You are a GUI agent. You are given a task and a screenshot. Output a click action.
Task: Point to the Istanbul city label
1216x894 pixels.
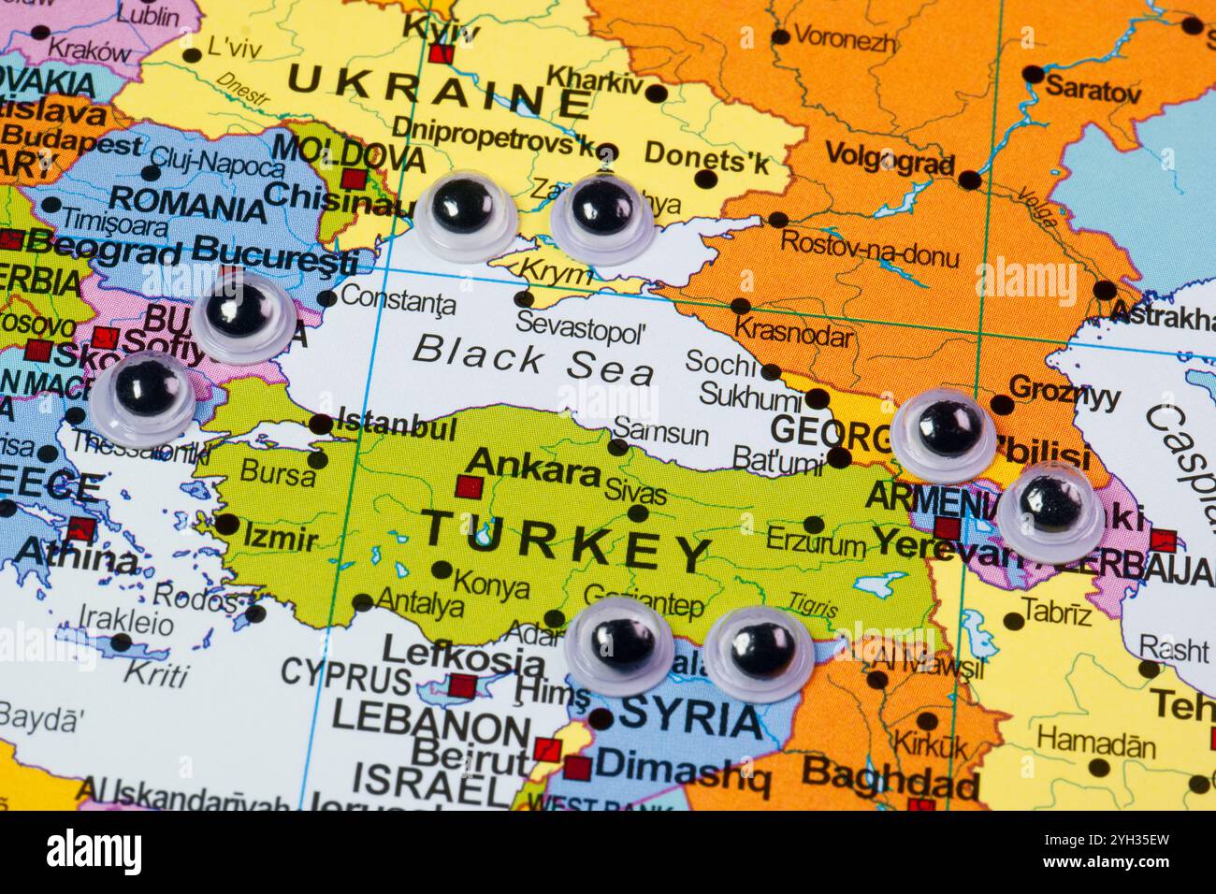click(396, 427)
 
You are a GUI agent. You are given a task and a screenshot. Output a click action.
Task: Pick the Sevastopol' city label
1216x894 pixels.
click(582, 329)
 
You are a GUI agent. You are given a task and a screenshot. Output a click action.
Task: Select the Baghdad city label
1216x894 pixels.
click(890, 775)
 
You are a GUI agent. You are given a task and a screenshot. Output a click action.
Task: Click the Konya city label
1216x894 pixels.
click(490, 587)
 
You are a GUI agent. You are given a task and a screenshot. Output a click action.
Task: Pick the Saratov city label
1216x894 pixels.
click(1093, 91)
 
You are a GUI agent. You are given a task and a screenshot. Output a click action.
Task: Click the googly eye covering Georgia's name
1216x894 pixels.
click(944, 433)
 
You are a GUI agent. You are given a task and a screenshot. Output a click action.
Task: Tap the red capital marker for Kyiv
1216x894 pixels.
click(442, 54)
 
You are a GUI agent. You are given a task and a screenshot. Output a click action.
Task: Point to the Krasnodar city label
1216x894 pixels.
click(793, 330)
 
